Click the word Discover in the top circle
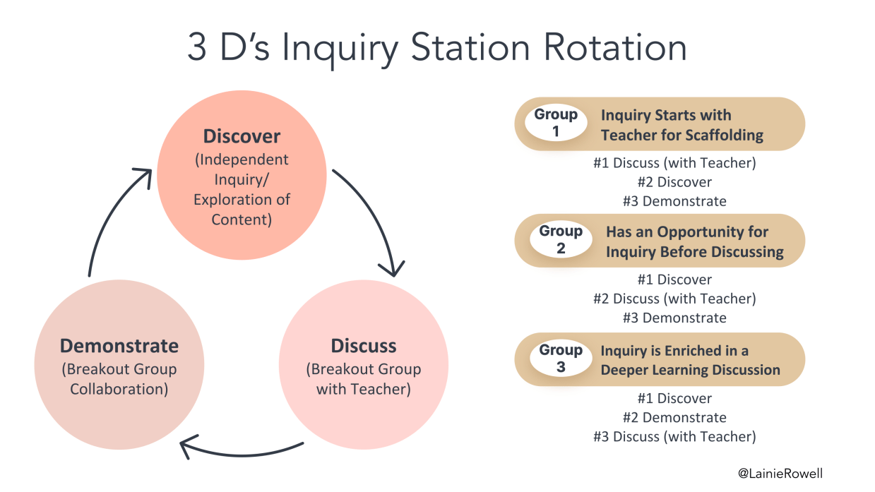point(242,136)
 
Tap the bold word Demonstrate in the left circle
point(119,346)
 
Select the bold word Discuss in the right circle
point(364,346)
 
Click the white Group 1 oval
point(556,123)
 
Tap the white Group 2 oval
point(561,240)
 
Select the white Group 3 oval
point(561,359)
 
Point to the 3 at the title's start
point(196,48)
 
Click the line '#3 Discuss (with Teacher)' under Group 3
point(674,437)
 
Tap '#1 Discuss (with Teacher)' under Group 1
point(674,163)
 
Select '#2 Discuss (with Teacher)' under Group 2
point(674,299)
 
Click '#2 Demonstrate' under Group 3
point(674,418)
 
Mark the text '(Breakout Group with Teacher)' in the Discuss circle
point(363,379)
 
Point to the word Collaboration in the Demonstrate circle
point(119,389)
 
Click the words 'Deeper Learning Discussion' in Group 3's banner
point(690,370)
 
